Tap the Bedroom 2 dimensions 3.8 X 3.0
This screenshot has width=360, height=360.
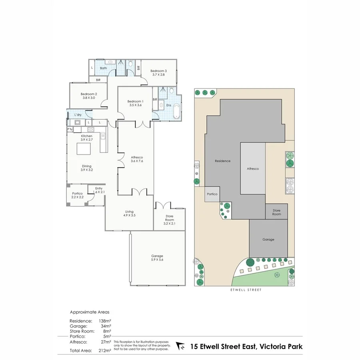point(88,98)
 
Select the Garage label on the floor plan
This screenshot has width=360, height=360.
point(157,256)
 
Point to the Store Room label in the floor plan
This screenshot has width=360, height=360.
point(170,217)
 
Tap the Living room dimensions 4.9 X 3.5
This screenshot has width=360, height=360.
point(129,215)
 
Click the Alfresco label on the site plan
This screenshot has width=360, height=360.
point(252,169)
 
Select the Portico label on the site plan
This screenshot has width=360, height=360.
point(212,194)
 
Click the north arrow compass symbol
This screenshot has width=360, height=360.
point(180,346)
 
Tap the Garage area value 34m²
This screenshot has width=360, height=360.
point(106,326)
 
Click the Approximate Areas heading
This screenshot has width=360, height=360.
point(90,312)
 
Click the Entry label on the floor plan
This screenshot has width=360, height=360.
point(99,188)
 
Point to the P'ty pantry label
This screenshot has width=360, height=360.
point(70,130)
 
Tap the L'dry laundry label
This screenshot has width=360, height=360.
point(78,115)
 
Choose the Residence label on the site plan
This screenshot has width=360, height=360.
point(222,161)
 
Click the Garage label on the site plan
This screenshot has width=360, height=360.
point(268,240)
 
